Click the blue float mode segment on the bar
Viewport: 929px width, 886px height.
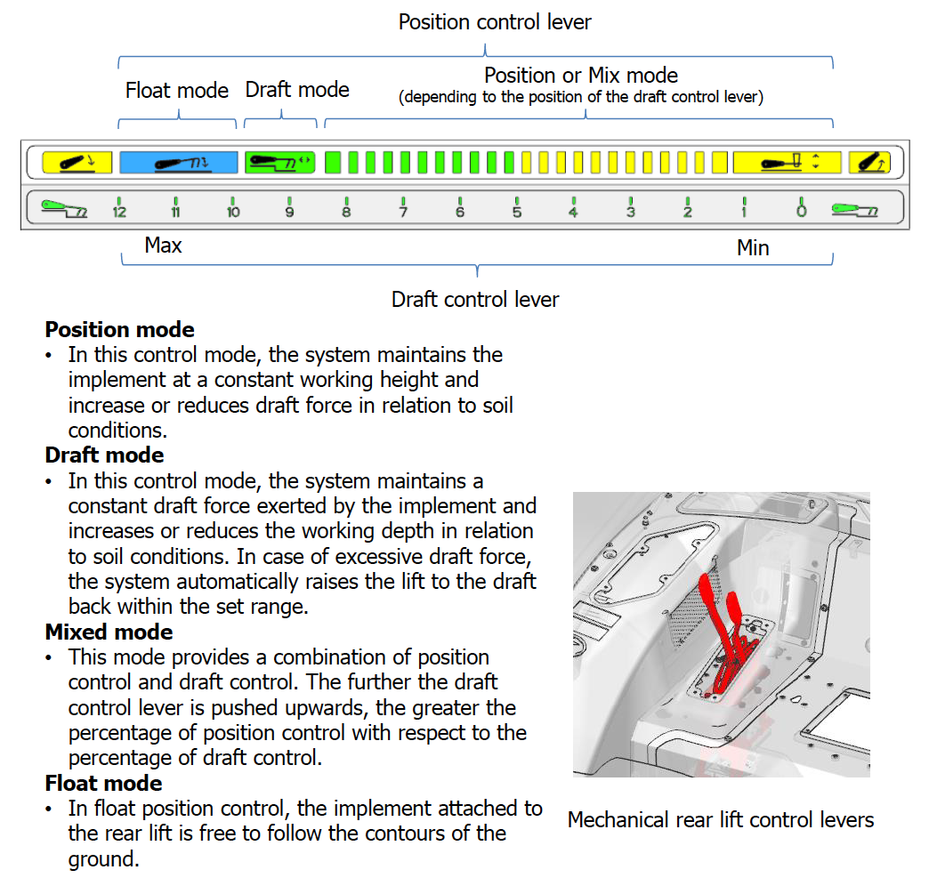coord(179,162)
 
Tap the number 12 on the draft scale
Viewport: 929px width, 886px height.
coord(119,212)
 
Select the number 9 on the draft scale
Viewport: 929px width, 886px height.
coord(289,212)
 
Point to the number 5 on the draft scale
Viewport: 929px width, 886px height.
coord(517,212)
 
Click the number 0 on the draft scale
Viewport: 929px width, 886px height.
coord(801,212)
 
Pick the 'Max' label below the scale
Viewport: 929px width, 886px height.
coord(163,246)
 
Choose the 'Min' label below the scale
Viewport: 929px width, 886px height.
coord(753,248)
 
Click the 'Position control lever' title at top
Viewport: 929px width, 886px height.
coord(495,22)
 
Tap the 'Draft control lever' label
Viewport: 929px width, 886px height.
coord(475,300)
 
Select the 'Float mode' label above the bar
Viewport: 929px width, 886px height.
coord(177,91)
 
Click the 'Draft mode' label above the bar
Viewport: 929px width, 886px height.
coord(297,90)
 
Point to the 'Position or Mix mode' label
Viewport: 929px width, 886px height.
coord(581,76)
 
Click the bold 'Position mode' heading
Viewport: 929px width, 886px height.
coord(119,330)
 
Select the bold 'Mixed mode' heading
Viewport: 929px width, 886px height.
coord(109,632)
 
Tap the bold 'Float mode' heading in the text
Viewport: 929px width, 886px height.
coord(103,784)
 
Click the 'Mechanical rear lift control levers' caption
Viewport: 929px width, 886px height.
coord(721,820)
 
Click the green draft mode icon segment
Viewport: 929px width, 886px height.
coord(280,162)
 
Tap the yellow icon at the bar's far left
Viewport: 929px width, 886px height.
coord(77,162)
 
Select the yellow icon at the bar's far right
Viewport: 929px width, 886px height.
coord(868,162)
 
